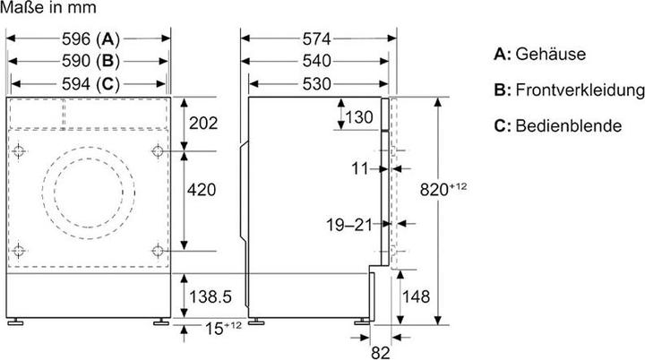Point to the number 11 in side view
coord(361,167)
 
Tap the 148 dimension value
coord(417,296)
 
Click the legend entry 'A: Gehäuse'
coord(539,55)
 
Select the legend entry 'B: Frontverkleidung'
coord(568,90)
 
